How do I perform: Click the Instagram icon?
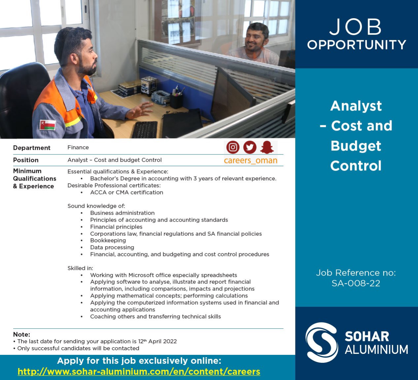tap(233, 147)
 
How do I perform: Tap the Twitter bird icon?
tap(250, 147)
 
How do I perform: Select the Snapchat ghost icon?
tap(267, 147)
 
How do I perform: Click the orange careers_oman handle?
tap(251, 160)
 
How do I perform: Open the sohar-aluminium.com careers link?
tap(139, 371)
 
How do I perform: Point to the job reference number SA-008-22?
tap(356, 283)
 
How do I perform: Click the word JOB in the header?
tap(356, 27)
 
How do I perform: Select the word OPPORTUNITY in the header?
tap(357, 45)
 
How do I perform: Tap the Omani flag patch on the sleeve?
tap(48, 125)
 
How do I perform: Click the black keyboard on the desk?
tap(145, 129)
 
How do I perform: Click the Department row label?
tap(32, 148)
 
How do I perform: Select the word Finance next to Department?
tap(78, 148)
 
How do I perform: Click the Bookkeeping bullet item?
tap(108, 240)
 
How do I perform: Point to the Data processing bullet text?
tap(112, 247)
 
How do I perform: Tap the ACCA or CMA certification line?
tap(127, 192)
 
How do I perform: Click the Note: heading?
tap(21, 334)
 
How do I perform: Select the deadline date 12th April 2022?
tap(157, 341)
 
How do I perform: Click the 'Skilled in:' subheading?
tap(80, 268)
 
